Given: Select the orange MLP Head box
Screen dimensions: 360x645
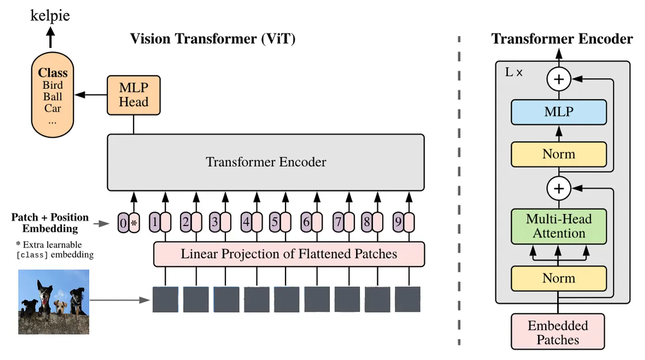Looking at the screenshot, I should pyautogui.click(x=133, y=95).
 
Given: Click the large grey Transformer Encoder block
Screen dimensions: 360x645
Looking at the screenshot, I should pyautogui.click(x=266, y=162).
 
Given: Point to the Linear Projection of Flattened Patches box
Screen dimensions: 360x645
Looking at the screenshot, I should pyautogui.click(x=289, y=254).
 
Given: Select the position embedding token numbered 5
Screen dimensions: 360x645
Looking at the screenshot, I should pyautogui.click(x=275, y=222).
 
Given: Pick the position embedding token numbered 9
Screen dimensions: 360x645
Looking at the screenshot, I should pyautogui.click(x=398, y=222).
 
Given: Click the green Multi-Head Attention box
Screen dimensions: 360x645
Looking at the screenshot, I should pyautogui.click(x=559, y=227).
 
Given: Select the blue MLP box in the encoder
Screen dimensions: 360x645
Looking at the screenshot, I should pyautogui.click(x=559, y=112).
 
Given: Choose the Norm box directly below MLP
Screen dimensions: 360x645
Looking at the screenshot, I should pyautogui.click(x=559, y=154).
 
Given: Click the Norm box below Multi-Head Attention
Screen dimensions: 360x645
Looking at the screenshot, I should pyautogui.click(x=559, y=278).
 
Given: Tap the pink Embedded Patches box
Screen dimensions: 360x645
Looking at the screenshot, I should pyautogui.click(x=558, y=332).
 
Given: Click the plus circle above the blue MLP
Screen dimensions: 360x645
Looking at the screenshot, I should pyautogui.click(x=559, y=79).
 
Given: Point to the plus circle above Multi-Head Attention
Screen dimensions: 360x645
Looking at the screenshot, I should pyautogui.click(x=559, y=189).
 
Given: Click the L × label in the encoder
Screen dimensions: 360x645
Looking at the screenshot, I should pyautogui.click(x=513, y=73).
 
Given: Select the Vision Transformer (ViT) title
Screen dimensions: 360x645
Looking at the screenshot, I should pyautogui.click(x=213, y=38).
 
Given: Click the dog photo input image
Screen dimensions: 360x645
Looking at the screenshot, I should pyautogui.click(x=54, y=302).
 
